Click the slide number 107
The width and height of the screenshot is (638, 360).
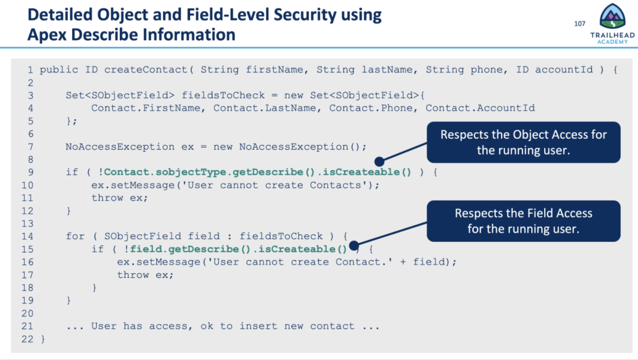coord(579,24)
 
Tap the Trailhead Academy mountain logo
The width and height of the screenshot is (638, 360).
coord(612,17)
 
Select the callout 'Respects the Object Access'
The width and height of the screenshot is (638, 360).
coord(524,142)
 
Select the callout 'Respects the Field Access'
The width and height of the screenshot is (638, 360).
coord(524,221)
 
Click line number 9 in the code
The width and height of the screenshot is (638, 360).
coord(30,172)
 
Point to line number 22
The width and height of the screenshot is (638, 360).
coord(27,339)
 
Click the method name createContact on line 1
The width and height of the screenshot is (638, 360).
coord(146,70)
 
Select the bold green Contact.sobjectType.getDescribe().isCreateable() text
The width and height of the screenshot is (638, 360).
coord(257,172)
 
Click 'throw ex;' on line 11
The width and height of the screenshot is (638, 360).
coord(117,198)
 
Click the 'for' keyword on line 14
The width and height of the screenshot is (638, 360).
coord(75,236)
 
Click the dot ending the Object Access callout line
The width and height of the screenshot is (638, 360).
coord(379,160)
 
